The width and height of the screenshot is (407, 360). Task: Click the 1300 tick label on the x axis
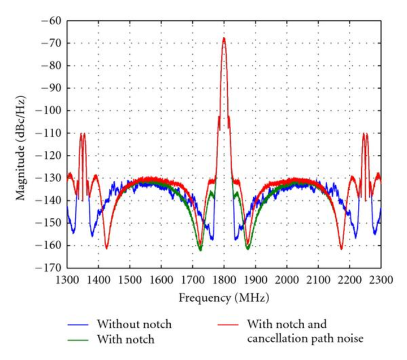pyautogui.click(x=67, y=279)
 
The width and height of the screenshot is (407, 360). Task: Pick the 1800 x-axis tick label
pyautogui.click(x=224, y=279)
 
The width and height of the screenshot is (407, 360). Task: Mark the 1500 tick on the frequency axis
pyautogui.click(x=129, y=279)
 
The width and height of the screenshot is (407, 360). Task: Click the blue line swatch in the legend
pyautogui.click(x=79, y=325)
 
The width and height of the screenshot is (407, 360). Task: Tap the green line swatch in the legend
pyautogui.click(x=79, y=340)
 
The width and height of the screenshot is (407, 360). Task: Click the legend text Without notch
pyautogui.click(x=133, y=324)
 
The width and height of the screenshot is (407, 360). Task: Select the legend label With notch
pyautogui.click(x=125, y=339)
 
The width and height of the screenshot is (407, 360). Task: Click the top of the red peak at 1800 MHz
pyautogui.click(x=224, y=38)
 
